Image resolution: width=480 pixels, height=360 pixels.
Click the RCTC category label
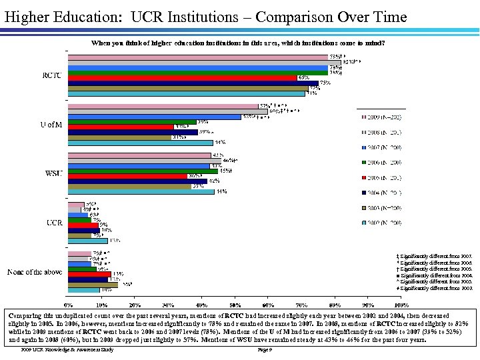[51, 75]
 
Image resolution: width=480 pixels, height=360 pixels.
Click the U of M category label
[51, 125]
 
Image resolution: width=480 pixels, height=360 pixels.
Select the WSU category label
[53, 174]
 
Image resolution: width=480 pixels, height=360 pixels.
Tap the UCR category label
[53, 222]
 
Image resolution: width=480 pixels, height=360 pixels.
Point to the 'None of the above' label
[35, 272]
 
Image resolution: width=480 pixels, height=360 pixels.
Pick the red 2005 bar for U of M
[121, 127]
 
